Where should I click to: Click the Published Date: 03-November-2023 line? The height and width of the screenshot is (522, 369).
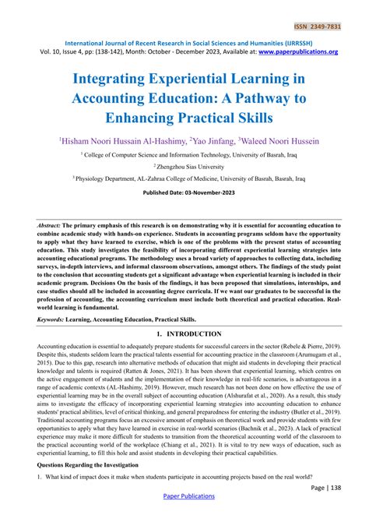[x=184, y=192]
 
